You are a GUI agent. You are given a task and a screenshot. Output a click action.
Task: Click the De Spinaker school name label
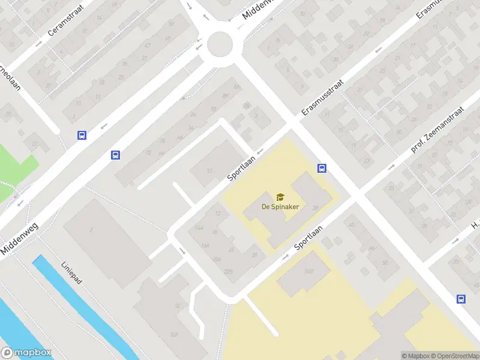[x=280, y=206]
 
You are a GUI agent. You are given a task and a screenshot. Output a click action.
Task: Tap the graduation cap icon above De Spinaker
[x=280, y=197]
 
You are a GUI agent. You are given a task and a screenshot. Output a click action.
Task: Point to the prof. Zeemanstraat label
[x=439, y=128]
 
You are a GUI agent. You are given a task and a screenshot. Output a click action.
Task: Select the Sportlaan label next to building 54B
[x=308, y=238]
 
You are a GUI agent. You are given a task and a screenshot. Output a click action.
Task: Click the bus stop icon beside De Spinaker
[x=322, y=169]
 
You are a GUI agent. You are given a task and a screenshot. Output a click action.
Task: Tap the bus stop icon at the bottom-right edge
[x=461, y=299]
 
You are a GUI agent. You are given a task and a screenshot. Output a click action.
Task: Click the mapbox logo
[x=26, y=353]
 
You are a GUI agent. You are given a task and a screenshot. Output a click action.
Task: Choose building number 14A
[x=199, y=229]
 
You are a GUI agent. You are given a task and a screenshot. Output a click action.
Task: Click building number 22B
[x=227, y=272]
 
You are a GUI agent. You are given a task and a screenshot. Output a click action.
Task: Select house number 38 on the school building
[x=315, y=208]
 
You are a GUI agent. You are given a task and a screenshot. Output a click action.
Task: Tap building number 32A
[x=173, y=334]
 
